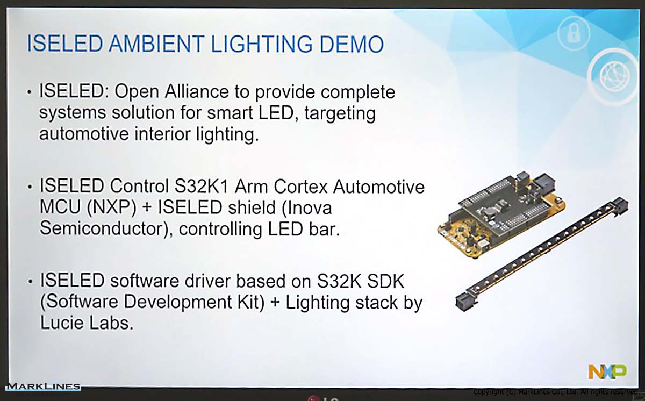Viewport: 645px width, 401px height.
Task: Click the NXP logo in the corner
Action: point(607,372)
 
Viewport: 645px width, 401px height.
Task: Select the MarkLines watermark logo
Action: point(43,386)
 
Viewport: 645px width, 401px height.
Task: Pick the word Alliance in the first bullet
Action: point(197,91)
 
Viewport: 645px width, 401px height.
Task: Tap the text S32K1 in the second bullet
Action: point(201,186)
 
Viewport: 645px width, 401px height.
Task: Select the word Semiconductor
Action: point(107,228)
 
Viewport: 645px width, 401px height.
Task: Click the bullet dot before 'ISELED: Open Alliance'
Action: point(30,92)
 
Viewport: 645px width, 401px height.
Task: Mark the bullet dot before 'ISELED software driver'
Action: point(30,281)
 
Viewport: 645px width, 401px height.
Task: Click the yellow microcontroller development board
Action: point(501,214)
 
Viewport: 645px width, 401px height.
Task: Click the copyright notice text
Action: point(556,392)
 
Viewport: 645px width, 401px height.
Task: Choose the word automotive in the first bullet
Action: point(84,134)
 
